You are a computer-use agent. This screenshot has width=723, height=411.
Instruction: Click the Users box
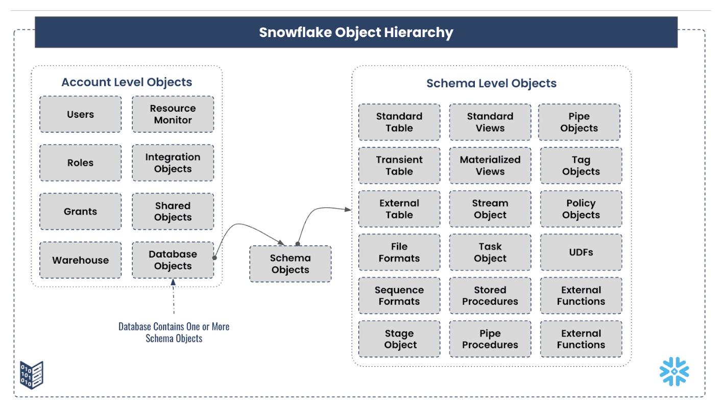tap(80, 114)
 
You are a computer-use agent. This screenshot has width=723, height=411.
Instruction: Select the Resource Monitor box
tap(173, 114)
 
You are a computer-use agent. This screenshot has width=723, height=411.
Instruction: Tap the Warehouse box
tap(80, 260)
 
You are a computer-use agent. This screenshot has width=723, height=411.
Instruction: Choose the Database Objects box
tap(173, 260)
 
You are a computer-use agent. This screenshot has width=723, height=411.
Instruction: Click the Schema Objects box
tap(290, 264)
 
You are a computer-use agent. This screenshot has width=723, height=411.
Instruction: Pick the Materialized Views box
tap(490, 165)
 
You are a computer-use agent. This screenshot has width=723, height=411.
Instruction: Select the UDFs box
tap(581, 252)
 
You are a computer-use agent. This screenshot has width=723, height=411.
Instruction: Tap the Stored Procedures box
tap(490, 295)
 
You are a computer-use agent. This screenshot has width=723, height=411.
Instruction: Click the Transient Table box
tap(399, 165)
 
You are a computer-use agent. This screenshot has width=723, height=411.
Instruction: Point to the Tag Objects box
tap(581, 165)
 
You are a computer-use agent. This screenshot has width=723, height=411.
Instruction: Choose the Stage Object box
tap(399, 339)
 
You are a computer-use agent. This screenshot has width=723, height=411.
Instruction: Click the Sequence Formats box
tap(399, 295)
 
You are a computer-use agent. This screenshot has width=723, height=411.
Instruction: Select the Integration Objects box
tap(173, 163)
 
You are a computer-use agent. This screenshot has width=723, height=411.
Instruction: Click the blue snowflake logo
tap(674, 371)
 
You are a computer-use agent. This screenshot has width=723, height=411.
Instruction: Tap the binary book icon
tap(32, 375)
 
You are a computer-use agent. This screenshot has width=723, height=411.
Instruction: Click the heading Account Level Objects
tap(127, 82)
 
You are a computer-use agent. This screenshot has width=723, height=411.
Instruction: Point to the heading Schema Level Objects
tap(491, 83)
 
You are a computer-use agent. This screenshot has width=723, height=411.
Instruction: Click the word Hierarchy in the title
tap(419, 33)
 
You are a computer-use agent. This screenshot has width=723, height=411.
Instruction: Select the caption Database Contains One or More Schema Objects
tap(174, 332)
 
